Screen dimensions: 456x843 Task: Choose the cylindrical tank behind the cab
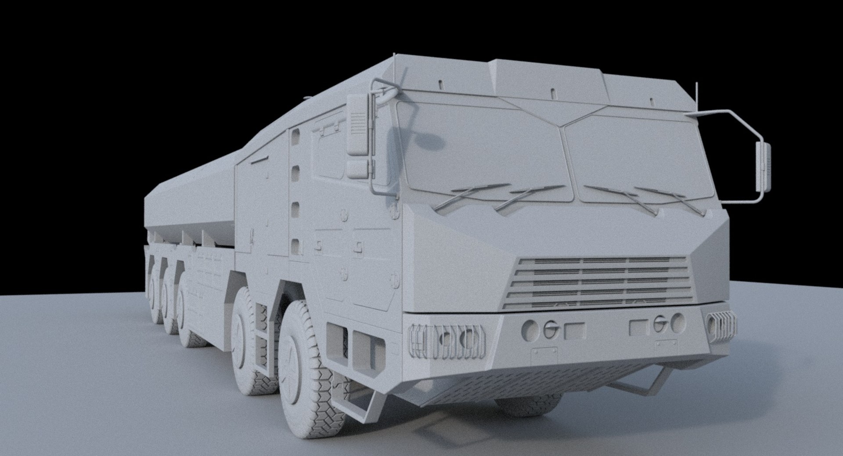click(193, 198)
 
